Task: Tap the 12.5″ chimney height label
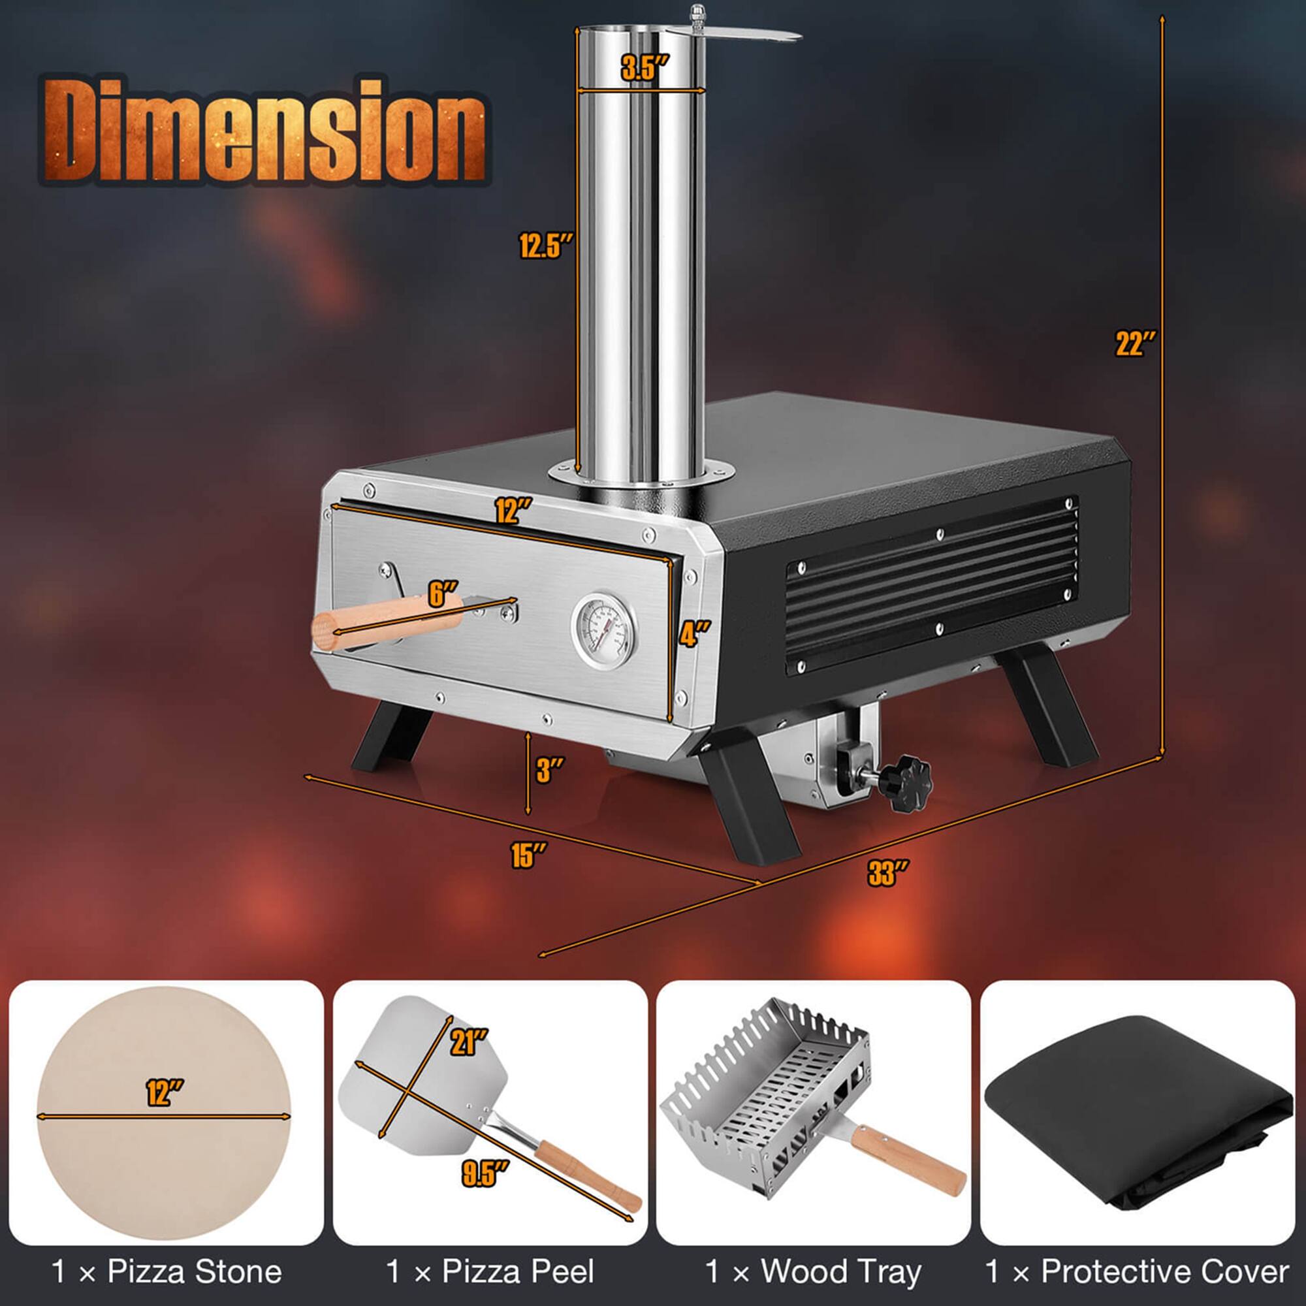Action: click(x=545, y=245)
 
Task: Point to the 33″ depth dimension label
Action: click(x=888, y=872)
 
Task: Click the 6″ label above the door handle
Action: click(x=443, y=594)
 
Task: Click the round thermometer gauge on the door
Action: click(x=603, y=626)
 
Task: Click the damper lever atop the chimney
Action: click(x=744, y=35)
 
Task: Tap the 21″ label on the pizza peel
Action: click(x=468, y=1042)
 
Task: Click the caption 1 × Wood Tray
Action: click(x=812, y=1271)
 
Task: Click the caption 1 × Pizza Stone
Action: click(x=167, y=1271)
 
